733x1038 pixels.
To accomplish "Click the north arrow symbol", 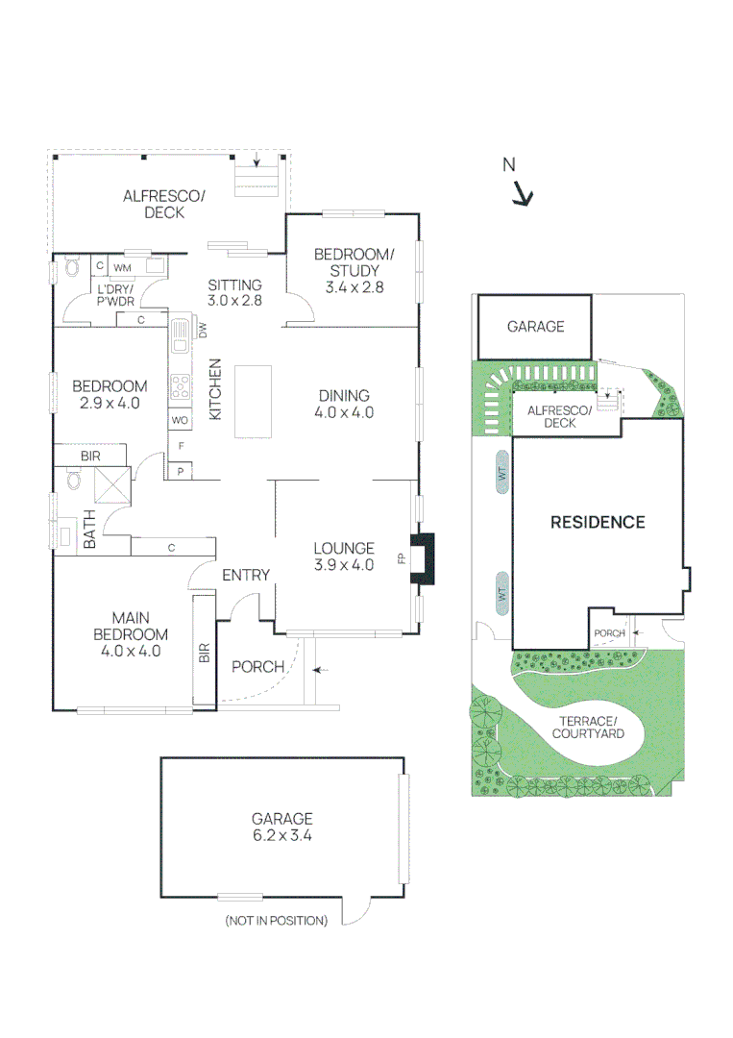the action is click(x=523, y=195).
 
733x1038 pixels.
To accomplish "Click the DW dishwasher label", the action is click(x=203, y=330).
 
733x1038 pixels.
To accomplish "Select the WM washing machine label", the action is click(x=122, y=268).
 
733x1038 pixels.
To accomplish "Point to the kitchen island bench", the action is click(x=254, y=402).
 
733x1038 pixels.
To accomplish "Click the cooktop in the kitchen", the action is click(x=181, y=386).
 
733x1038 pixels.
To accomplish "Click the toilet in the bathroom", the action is click(x=73, y=479).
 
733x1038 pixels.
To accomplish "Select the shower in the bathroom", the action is click(x=112, y=485).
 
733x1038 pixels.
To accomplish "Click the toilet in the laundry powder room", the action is click(x=71, y=267).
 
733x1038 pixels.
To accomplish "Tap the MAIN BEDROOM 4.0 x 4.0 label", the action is click(x=131, y=634).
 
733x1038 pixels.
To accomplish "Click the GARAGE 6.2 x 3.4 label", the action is click(x=281, y=827).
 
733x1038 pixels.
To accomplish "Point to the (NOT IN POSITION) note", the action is click(x=277, y=921).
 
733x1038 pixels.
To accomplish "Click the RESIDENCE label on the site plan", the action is click(x=598, y=522).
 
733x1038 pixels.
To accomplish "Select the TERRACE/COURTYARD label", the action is click(x=588, y=727).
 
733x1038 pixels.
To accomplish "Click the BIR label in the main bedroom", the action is click(x=204, y=653).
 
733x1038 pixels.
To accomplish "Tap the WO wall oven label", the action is click(x=180, y=420).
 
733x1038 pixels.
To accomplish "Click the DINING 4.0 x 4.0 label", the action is click(x=344, y=404).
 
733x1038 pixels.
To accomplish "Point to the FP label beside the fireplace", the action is click(x=402, y=558).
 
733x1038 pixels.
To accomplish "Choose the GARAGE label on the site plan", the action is click(x=536, y=327).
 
